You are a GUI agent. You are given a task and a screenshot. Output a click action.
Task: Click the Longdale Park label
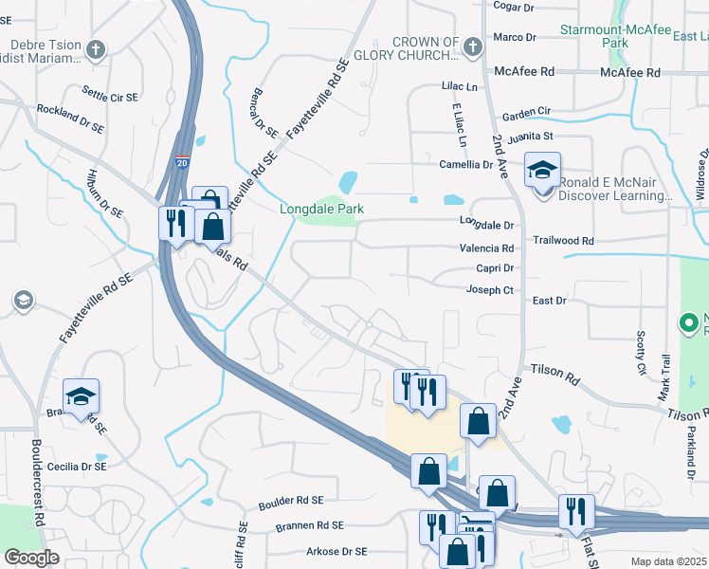pos(321,209)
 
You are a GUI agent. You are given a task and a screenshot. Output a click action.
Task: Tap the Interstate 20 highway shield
pos(182,162)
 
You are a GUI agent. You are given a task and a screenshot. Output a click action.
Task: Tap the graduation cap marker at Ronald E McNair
pos(543,172)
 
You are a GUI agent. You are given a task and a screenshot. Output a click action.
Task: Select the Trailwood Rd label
pos(563,241)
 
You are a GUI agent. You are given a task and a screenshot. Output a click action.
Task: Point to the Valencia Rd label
pos(486,247)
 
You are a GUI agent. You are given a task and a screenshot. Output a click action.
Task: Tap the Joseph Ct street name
pos(490,289)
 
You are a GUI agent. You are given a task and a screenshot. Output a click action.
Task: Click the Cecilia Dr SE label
pos(79,467)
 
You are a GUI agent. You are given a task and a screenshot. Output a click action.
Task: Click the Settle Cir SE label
pos(110,94)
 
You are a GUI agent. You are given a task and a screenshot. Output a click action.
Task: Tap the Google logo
pos(31,557)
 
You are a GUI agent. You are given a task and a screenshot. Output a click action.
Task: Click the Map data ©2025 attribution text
pos(668,561)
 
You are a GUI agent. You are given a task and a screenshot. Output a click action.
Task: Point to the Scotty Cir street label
pos(641,352)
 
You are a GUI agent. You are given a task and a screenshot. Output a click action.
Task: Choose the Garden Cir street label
pos(526,112)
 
